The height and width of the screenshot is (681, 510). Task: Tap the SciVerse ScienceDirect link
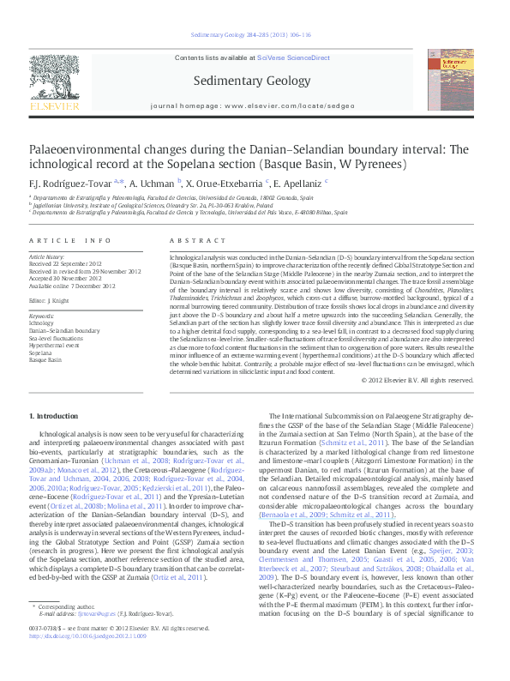click(x=294, y=57)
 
